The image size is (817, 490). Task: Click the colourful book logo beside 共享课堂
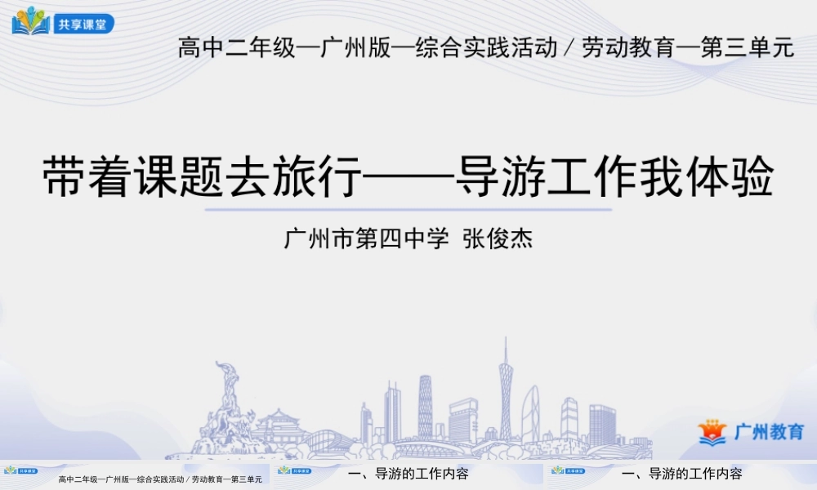tap(31, 21)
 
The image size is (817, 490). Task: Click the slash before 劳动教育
tap(568, 48)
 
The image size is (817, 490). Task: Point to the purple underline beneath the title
tap(408, 209)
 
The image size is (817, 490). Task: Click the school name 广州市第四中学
tap(367, 240)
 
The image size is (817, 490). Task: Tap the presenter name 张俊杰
tap(498, 240)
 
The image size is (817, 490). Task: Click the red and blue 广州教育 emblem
tap(712, 431)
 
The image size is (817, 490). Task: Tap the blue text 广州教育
tap(769, 432)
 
